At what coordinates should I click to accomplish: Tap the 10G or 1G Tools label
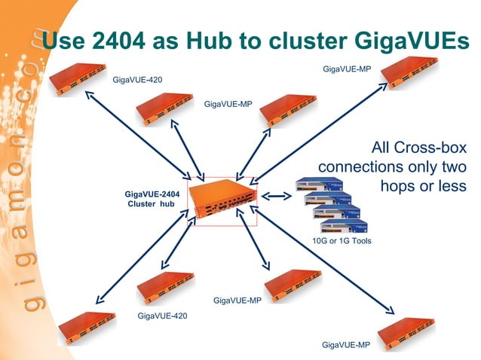click(342, 241)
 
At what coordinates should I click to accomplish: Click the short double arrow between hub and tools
click(276, 197)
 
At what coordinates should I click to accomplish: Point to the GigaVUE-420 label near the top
click(137, 80)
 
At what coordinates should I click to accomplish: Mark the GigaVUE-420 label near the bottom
click(162, 316)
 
